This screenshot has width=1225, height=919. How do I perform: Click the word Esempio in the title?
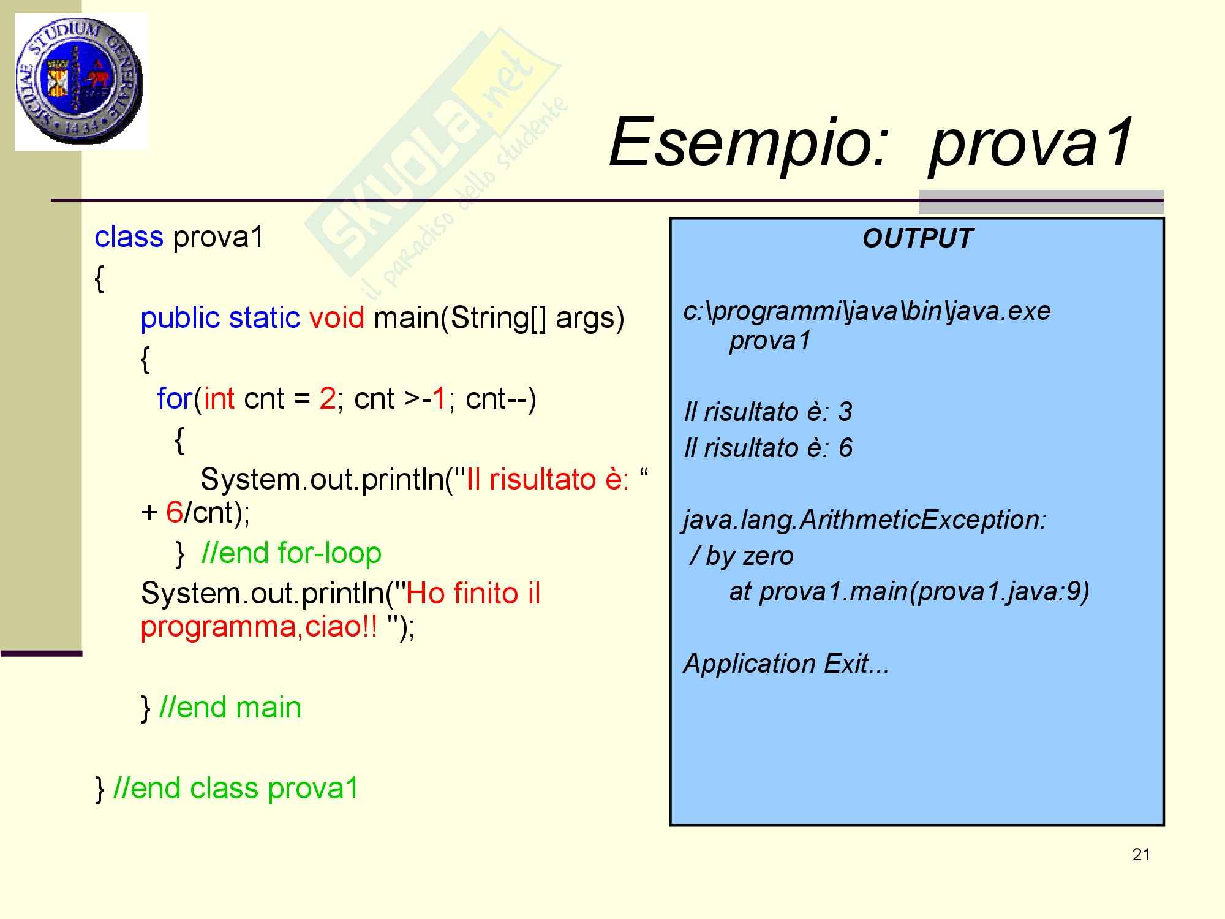(x=748, y=143)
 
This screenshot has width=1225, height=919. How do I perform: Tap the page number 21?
(x=1141, y=855)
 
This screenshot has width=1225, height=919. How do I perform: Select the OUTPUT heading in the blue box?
(x=917, y=238)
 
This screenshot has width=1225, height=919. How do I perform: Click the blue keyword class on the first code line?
(x=129, y=236)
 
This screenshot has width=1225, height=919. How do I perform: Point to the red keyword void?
(x=336, y=317)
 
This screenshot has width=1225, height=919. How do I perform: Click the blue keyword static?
(x=265, y=317)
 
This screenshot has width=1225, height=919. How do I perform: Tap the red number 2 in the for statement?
(x=327, y=399)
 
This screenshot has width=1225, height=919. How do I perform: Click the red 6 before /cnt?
(x=174, y=512)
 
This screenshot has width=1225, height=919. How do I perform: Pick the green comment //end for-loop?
(x=292, y=553)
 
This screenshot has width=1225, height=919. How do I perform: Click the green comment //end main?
(x=230, y=707)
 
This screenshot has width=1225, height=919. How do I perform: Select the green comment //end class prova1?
(x=236, y=788)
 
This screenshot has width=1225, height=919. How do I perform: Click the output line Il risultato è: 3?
(x=768, y=412)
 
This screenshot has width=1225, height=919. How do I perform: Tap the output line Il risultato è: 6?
(x=768, y=448)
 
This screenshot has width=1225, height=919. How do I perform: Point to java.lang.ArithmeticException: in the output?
(x=865, y=520)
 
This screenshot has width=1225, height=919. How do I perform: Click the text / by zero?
(x=741, y=556)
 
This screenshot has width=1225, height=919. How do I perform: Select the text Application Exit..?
(x=786, y=664)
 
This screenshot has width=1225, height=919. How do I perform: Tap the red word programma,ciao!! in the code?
(x=259, y=627)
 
